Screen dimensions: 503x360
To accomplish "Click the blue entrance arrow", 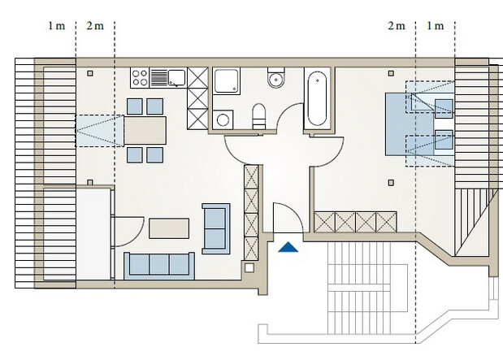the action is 288,247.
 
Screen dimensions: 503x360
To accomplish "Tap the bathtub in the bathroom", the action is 317,99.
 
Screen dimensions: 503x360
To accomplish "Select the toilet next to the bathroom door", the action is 259,116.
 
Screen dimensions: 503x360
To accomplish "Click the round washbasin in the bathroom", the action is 276,80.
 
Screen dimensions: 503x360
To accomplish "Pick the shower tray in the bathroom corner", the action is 227,80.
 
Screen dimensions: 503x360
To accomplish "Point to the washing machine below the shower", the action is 223,120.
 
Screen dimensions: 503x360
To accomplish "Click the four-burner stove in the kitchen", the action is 140,78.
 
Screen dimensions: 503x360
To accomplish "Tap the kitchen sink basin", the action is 177,78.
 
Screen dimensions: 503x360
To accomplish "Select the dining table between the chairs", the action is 145,130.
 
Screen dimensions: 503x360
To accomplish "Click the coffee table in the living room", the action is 169,228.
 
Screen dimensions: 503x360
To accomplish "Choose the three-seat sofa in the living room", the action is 159,266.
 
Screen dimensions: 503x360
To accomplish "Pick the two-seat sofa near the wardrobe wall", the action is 216,228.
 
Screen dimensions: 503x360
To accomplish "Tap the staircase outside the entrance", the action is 358,288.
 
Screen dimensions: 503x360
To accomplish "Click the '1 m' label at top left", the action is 57,26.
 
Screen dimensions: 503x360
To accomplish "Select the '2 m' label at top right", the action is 397,26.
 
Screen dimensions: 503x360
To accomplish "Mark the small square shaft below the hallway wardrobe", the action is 249,267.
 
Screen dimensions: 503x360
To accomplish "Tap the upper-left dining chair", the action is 135,106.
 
